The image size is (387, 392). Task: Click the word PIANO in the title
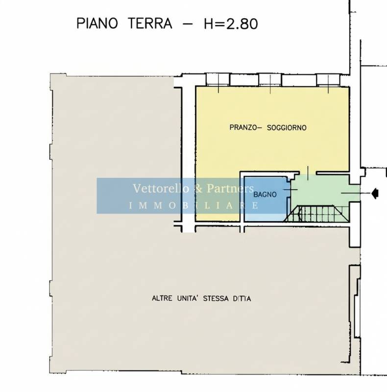pos(97,24)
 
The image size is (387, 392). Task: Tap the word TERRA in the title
pos(150,24)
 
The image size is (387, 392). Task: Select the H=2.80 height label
pos(231,24)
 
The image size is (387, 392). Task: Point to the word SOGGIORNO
pos(287,128)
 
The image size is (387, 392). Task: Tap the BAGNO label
pos(265,195)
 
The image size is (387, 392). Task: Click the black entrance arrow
pos(375,193)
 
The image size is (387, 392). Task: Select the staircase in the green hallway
pos(316,214)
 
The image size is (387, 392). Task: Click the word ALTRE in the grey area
pos(162,298)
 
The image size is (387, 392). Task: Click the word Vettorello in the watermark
pos(161,188)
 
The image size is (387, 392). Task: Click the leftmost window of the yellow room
pos(218,80)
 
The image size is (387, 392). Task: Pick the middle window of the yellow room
pos(270,80)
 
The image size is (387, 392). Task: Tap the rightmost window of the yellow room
pos(328,80)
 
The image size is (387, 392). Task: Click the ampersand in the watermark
pos(198,189)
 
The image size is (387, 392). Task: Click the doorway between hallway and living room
pos(308,172)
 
